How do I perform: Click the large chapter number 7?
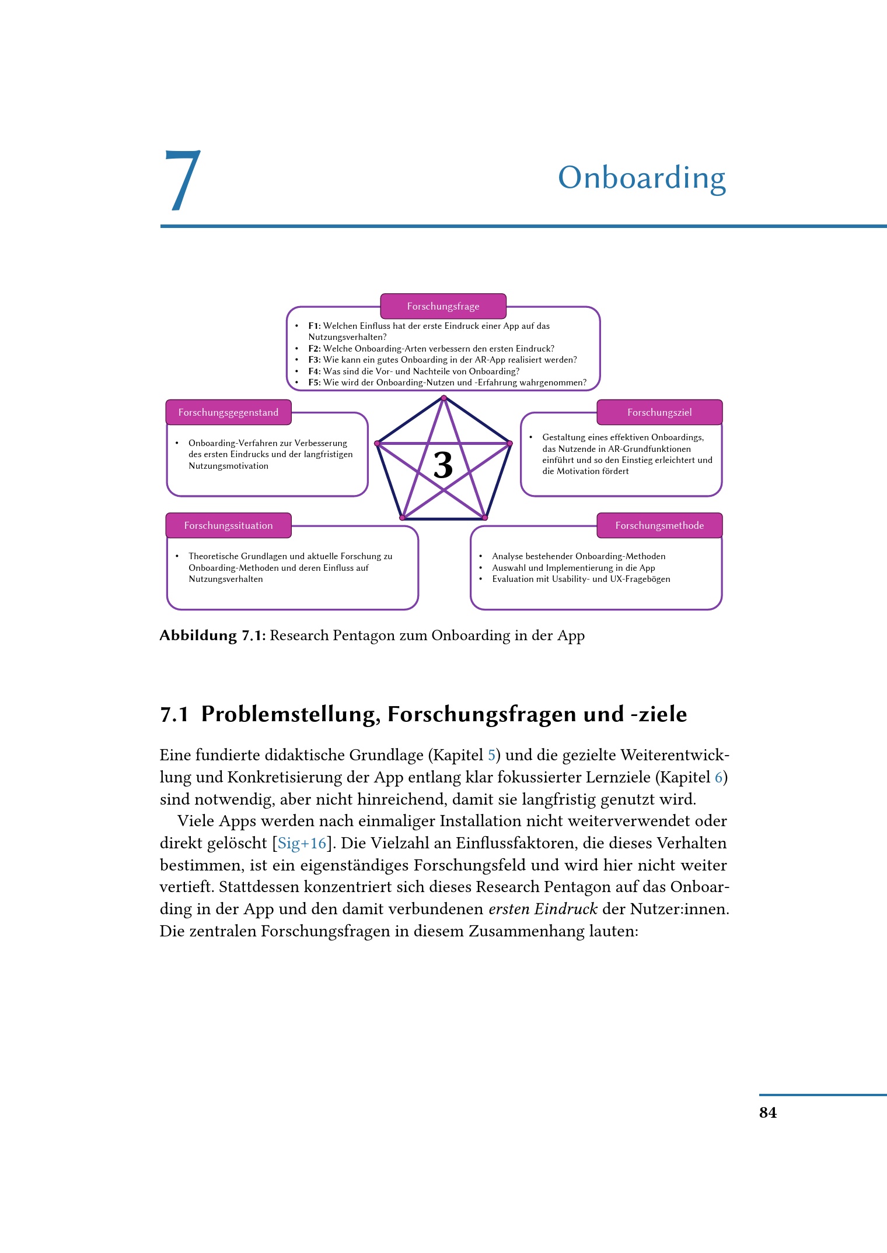point(183,181)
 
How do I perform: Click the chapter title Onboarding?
point(641,177)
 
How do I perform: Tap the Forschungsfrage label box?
point(443,306)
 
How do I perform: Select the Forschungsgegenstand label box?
point(228,412)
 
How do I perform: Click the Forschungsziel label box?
point(659,412)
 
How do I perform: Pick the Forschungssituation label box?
point(228,525)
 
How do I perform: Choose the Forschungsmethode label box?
point(659,525)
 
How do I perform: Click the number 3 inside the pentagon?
point(443,466)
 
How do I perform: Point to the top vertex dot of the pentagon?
point(443,398)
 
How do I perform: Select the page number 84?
point(767,1112)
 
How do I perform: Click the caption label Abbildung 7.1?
point(212,636)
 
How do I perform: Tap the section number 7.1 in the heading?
point(174,714)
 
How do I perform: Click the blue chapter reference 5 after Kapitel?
point(491,755)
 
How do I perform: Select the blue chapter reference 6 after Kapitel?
point(718,777)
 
